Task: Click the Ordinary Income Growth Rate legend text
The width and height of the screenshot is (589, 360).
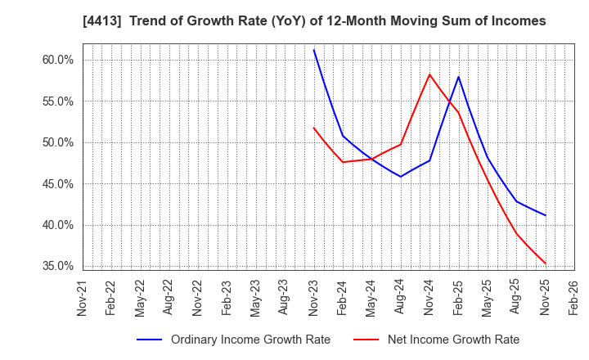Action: [x=250, y=340]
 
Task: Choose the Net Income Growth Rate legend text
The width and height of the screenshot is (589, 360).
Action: [x=453, y=340]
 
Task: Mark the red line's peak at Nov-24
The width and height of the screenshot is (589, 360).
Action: [x=429, y=74]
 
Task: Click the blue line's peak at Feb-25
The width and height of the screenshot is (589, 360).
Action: [x=458, y=77]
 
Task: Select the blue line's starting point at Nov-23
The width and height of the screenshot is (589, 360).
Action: [x=313, y=50]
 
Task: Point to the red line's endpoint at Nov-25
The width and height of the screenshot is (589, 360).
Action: [x=545, y=263]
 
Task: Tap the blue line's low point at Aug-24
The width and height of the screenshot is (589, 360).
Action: [x=400, y=177]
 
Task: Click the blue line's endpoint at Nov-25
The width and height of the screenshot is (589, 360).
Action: [x=545, y=215]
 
